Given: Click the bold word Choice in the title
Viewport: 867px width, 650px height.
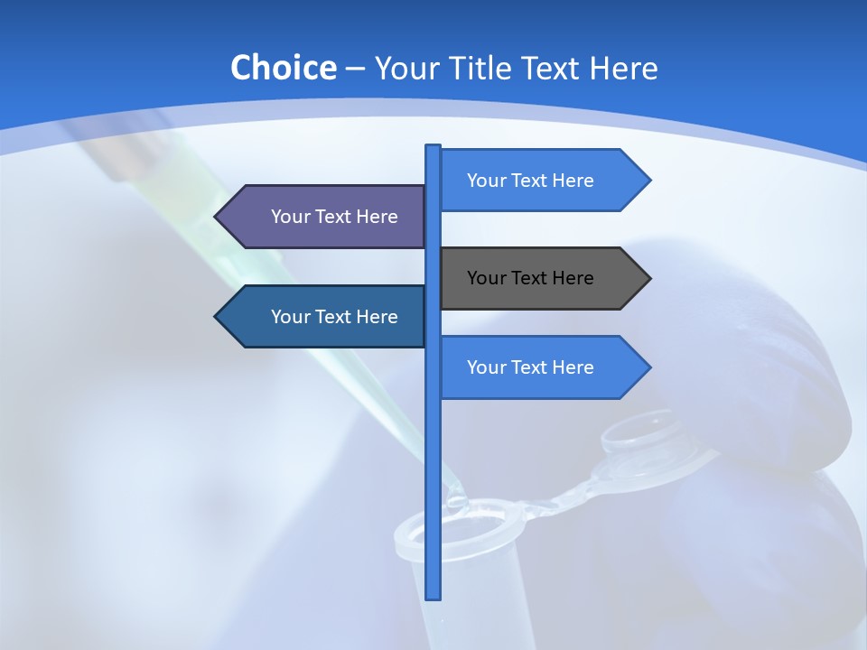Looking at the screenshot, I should (x=283, y=69).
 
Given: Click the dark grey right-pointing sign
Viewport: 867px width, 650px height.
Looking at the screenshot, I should (x=542, y=278).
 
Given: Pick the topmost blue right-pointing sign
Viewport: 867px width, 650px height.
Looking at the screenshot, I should (x=542, y=181).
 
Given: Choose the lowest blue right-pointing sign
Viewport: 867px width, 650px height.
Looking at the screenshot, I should (x=542, y=367).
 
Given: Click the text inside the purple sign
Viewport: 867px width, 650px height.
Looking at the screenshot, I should (x=334, y=217).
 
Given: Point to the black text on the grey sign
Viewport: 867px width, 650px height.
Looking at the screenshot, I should (x=530, y=278).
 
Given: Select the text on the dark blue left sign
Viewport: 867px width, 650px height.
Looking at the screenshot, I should (x=334, y=317).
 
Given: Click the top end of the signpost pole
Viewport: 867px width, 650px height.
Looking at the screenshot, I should (x=433, y=147).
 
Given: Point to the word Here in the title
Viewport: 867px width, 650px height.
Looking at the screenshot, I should (x=623, y=69).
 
